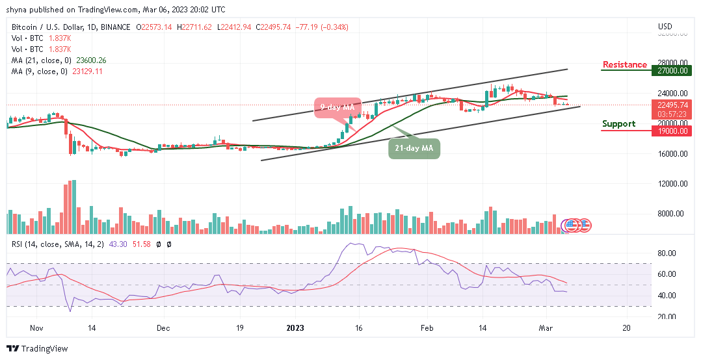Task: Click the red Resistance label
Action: coord(624,64)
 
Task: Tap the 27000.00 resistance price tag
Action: coord(673,71)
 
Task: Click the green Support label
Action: coord(618,123)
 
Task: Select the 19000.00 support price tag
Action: coord(673,131)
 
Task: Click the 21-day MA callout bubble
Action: coord(415,148)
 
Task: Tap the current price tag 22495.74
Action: coord(673,105)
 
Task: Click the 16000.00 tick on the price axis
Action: coord(673,154)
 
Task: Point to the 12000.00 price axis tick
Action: coord(673,184)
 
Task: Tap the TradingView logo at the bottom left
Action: coord(37,348)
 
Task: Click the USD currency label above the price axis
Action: coord(665,27)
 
